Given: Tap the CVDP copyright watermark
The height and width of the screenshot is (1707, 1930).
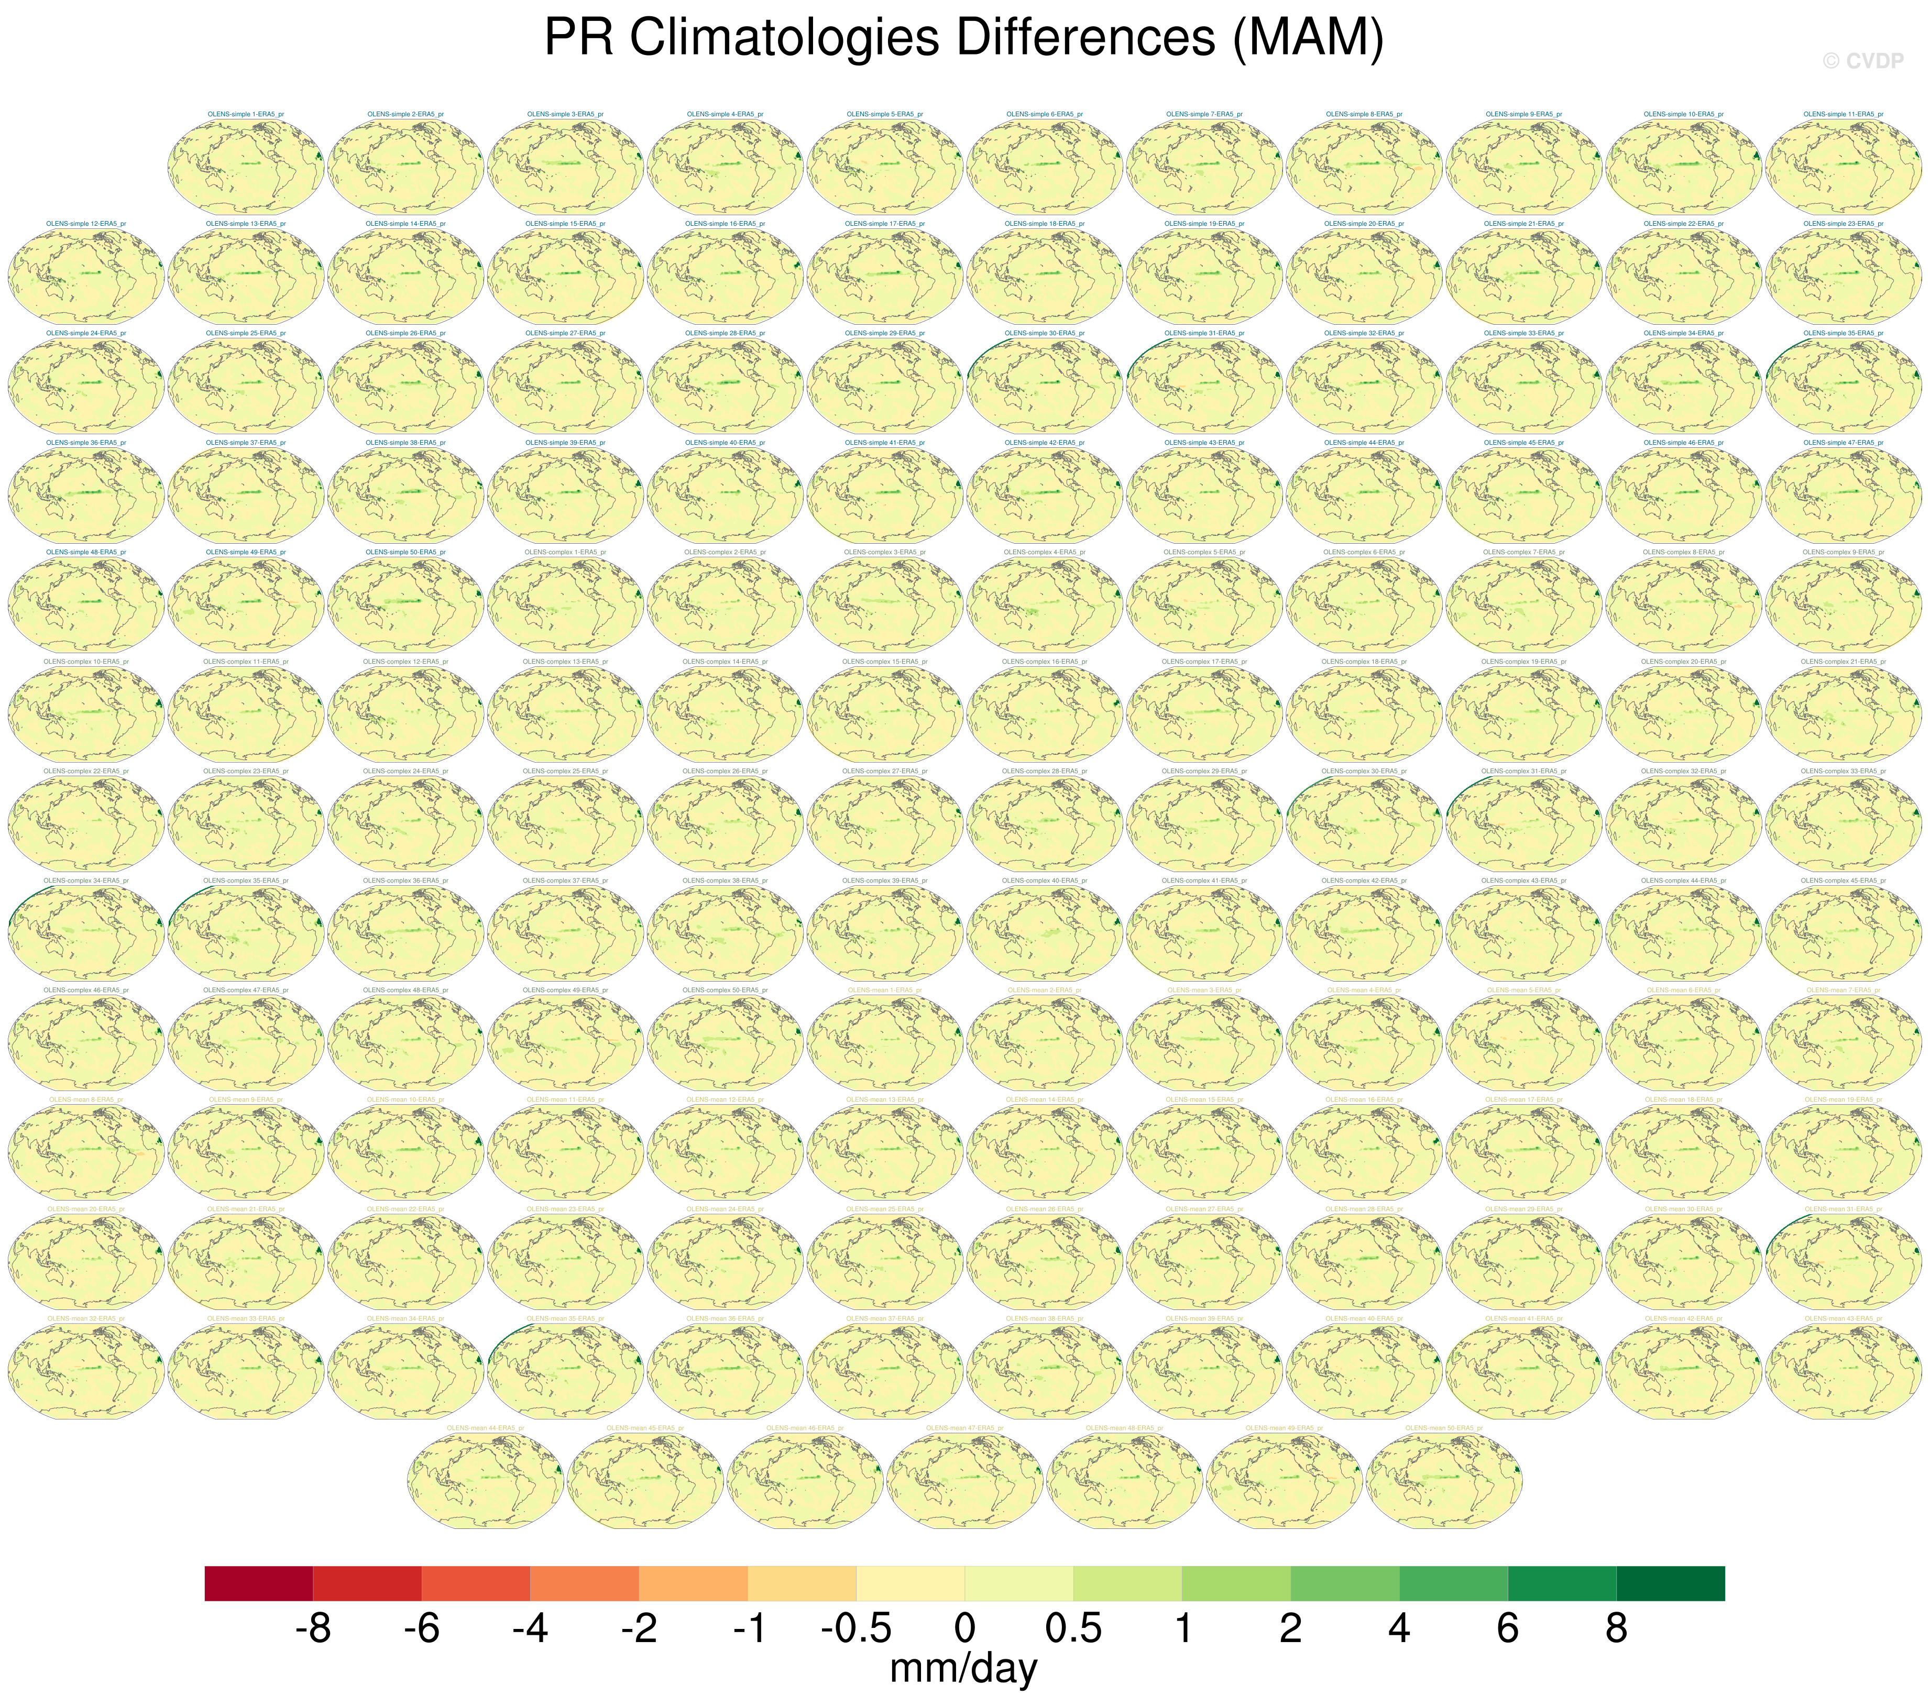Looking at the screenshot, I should click(1862, 61).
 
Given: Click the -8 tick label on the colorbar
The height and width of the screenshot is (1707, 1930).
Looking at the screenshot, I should click(313, 1628).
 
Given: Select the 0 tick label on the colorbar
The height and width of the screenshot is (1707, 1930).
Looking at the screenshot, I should click(964, 1628).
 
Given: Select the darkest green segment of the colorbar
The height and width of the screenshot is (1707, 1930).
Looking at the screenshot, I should click(1670, 1583).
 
